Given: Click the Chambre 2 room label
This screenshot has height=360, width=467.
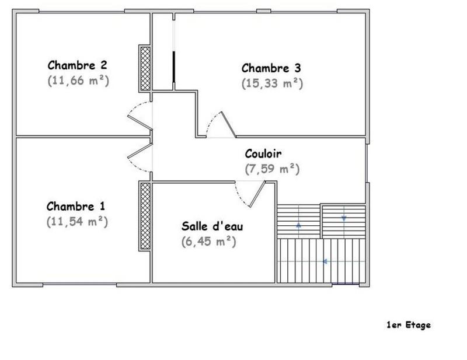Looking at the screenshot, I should (x=77, y=65).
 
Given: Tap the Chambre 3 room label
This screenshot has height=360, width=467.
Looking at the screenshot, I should (x=271, y=68).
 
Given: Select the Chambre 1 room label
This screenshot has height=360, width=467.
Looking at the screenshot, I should (x=76, y=206).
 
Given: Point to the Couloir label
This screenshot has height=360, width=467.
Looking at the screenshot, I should (x=263, y=154).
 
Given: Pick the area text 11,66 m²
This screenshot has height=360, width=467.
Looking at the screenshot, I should (x=78, y=81).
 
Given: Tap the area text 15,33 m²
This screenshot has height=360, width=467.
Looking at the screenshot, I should (x=272, y=83).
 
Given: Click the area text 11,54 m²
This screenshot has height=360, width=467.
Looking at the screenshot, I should (x=77, y=222).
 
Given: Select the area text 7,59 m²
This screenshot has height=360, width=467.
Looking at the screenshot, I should (x=271, y=169).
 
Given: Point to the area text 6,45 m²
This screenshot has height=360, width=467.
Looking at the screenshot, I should (x=208, y=241).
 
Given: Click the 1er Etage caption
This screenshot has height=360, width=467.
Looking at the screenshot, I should (x=408, y=325).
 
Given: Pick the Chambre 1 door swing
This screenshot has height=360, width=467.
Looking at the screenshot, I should (x=139, y=158).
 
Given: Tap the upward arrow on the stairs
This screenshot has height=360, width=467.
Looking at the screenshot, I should (x=299, y=223).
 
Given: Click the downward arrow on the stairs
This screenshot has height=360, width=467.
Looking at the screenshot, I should (x=344, y=218).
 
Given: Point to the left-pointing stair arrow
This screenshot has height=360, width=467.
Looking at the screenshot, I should (x=324, y=261).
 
